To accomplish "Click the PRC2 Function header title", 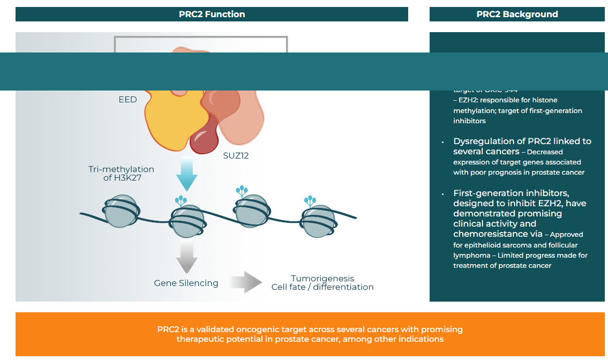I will pos(212,14).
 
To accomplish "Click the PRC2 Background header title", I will pos(517,14).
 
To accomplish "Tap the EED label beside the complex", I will pos(127,100).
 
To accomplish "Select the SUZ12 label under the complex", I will pos(236,156).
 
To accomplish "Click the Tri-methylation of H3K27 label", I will pos(121,173).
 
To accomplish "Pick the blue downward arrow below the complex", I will pos(187,175).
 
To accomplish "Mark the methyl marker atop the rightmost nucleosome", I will pos(310,201).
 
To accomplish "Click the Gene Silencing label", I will pos(186,283).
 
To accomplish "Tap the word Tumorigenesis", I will pos(322,279).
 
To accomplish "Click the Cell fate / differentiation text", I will pos(322,287).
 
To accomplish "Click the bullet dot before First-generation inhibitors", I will pos(443,193).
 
